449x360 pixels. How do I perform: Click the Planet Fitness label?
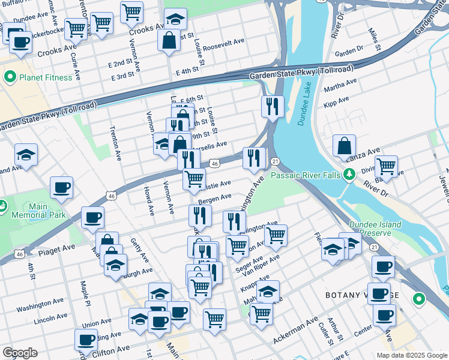46,77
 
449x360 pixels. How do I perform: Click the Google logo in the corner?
20,353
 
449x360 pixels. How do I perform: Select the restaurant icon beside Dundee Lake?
273,106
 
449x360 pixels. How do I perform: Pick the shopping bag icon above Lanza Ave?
345,145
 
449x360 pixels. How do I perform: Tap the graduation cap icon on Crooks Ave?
175,19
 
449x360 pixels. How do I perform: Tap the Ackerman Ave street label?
295,331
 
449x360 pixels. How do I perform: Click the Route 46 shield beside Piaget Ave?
19,254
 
